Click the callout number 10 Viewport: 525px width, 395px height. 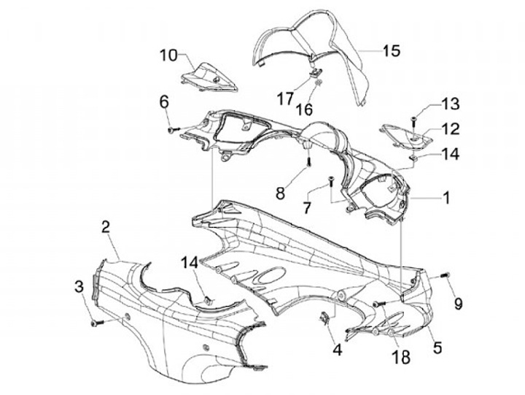tap(168, 55)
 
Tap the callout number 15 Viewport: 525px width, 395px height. tap(391, 50)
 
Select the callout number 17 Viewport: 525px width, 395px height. tap(286, 96)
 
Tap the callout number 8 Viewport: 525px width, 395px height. tap(280, 193)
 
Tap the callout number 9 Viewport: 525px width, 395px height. tap(458, 302)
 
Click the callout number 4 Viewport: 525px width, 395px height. tap(338, 350)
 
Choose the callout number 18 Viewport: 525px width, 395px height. tap(400, 357)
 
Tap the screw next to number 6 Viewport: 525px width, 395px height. tap(173, 129)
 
